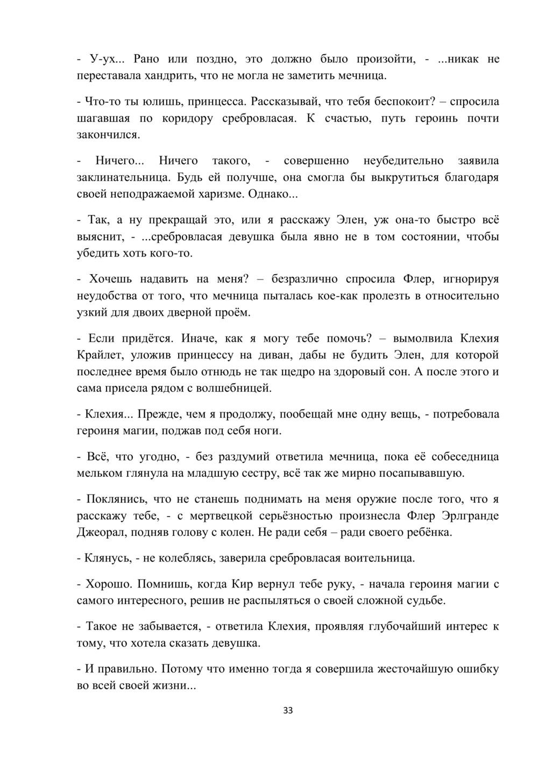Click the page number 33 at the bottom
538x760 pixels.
287,711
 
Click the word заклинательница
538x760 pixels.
123,177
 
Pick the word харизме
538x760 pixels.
219,194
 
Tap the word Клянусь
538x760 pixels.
105,558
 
